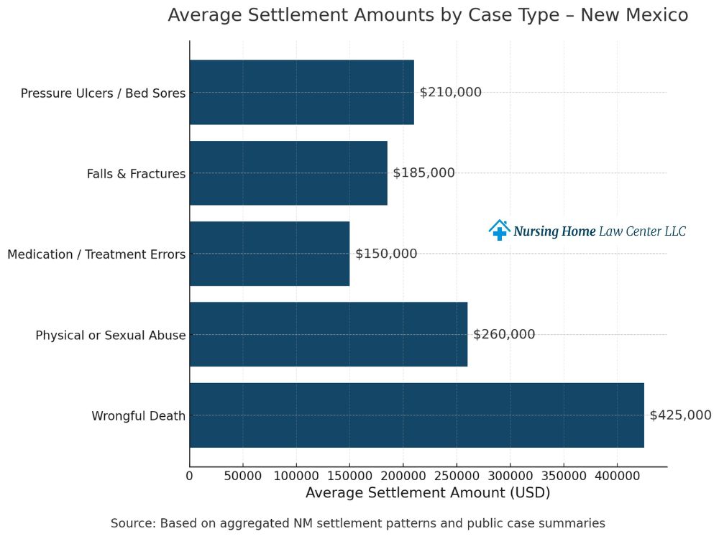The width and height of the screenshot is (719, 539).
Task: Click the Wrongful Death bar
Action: pos(416,415)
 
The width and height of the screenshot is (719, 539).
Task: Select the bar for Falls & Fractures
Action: pos(288,173)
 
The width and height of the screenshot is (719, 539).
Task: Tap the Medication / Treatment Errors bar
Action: pos(270,254)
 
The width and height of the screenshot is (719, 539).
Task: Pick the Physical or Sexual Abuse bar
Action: pos(329,334)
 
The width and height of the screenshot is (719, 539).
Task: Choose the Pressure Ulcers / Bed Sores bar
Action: pos(302,92)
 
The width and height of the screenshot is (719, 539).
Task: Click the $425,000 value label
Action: pos(680,415)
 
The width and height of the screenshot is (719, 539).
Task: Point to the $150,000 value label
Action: pos(386,254)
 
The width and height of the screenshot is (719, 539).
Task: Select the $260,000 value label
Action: pos(504,334)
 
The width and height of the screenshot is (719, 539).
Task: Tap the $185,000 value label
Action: pos(423,173)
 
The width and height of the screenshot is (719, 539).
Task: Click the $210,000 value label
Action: pos(451,92)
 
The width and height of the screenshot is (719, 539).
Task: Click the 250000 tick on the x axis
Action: pos(457,476)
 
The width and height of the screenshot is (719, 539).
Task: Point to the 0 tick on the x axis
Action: pos(190,476)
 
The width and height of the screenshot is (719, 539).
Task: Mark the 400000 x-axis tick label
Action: pos(617,476)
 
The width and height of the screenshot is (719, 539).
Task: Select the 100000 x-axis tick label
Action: pos(296,476)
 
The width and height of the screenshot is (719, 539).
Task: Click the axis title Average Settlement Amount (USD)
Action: pos(428,493)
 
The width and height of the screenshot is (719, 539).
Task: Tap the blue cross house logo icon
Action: pos(499,230)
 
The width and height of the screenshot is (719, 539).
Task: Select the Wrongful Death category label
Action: pos(138,416)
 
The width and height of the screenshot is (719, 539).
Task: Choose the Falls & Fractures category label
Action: pos(136,174)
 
